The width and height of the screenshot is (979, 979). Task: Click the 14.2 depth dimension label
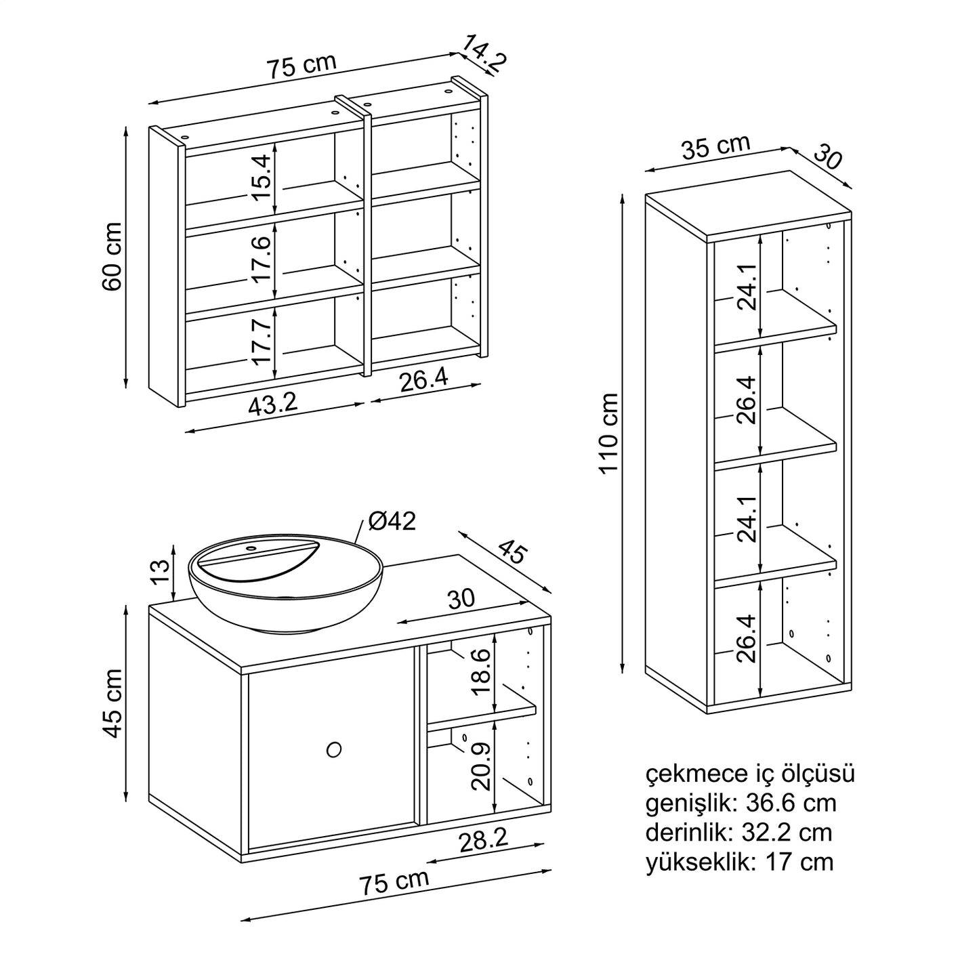click(x=484, y=54)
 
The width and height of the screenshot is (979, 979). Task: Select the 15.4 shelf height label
click(x=262, y=178)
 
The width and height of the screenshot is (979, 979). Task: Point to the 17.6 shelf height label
click(x=262, y=259)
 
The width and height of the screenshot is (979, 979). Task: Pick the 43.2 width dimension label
click(x=272, y=404)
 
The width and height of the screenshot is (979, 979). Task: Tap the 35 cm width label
click(x=715, y=147)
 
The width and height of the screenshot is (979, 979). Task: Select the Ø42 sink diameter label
click(x=392, y=521)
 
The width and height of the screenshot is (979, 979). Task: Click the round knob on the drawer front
click(x=333, y=749)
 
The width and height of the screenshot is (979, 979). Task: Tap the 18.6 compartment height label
click(x=482, y=672)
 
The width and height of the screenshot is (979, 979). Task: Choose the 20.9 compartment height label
click(x=482, y=766)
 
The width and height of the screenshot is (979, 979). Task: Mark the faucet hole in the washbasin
click(x=252, y=547)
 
